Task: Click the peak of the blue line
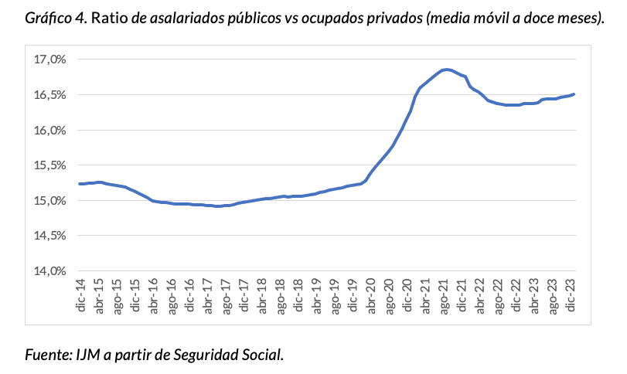pyautogui.click(x=446, y=70)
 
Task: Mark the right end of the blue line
pyautogui.click(x=574, y=94)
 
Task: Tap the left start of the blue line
pyautogui.click(x=80, y=184)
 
